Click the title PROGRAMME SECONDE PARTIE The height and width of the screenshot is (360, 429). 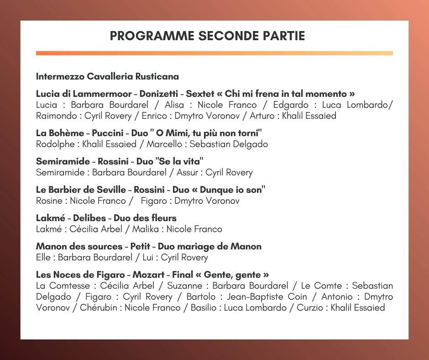pos(208,36)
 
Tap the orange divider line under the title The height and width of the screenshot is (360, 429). pos(214,53)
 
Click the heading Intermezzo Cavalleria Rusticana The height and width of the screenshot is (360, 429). pos(107,76)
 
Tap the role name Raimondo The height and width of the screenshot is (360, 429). pos(55,116)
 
